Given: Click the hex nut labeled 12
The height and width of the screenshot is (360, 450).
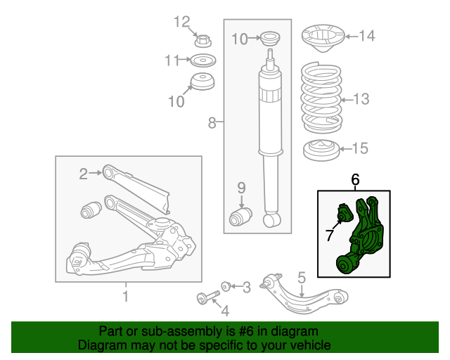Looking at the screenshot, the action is pos(203,41).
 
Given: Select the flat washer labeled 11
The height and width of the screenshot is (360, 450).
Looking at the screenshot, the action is pos(203,60).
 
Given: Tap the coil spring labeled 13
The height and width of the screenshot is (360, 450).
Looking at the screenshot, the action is pos(321,98).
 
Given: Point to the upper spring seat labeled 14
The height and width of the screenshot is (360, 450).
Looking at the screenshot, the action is pos(323,38).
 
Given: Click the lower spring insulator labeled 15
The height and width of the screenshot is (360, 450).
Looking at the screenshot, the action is pos(321,150).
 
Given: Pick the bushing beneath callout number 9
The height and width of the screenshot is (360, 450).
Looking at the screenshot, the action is pos(240,217).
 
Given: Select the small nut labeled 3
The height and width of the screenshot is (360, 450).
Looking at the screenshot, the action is pos(226,286).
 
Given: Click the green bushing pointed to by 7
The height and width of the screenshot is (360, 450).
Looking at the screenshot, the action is pos(345,214).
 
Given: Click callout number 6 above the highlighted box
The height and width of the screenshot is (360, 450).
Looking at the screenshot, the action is pos(355,180).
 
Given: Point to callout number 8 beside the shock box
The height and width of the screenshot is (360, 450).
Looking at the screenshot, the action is pos(212,122).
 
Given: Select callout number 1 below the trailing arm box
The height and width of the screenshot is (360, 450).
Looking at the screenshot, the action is pos(125,297).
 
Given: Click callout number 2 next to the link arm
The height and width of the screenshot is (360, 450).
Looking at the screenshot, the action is pos(83,174).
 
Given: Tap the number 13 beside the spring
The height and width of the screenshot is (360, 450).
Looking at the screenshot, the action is pos(361,99).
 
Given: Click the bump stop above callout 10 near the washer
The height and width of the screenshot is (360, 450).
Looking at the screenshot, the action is pos(202,82).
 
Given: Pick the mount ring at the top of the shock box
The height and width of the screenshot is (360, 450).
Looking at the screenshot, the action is pos(270,38).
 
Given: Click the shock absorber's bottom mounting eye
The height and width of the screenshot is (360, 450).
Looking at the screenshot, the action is pos(271,219).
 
